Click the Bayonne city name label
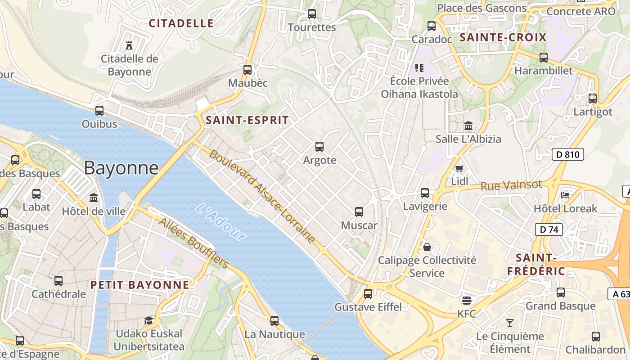[x=121, y=168]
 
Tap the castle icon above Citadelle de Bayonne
[x=129, y=45]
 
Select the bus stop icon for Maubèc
[x=247, y=70]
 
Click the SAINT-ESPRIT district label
[x=247, y=120]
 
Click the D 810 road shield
[x=567, y=155]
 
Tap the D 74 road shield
[x=549, y=229]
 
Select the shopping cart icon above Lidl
[x=459, y=169]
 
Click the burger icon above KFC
[x=466, y=300]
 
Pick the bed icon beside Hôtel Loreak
[x=565, y=195]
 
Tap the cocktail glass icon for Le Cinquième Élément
[x=509, y=323]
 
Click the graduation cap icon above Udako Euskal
[x=148, y=320]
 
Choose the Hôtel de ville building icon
[x=94, y=198]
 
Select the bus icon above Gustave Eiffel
[x=368, y=294]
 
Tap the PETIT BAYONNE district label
[x=140, y=285]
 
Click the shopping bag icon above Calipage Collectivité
[x=427, y=247]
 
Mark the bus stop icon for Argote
[x=319, y=147]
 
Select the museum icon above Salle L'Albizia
[x=468, y=126]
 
